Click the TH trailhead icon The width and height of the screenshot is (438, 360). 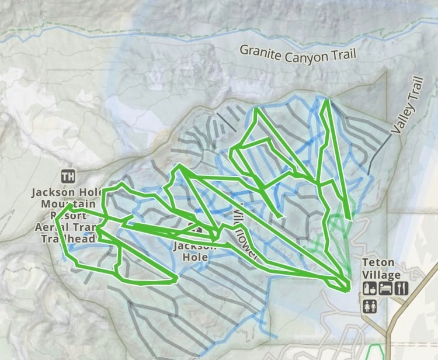tap(68, 175)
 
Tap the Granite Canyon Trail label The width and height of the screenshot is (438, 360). tap(297, 54)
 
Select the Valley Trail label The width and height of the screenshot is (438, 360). tap(406, 106)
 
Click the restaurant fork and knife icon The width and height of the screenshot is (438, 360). tap(401, 288)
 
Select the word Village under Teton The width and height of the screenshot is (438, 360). tap(381, 275)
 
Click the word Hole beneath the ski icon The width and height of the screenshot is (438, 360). tap(195, 257)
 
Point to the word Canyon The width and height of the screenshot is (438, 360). tap(306, 56)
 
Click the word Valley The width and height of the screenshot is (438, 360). tap(402, 116)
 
